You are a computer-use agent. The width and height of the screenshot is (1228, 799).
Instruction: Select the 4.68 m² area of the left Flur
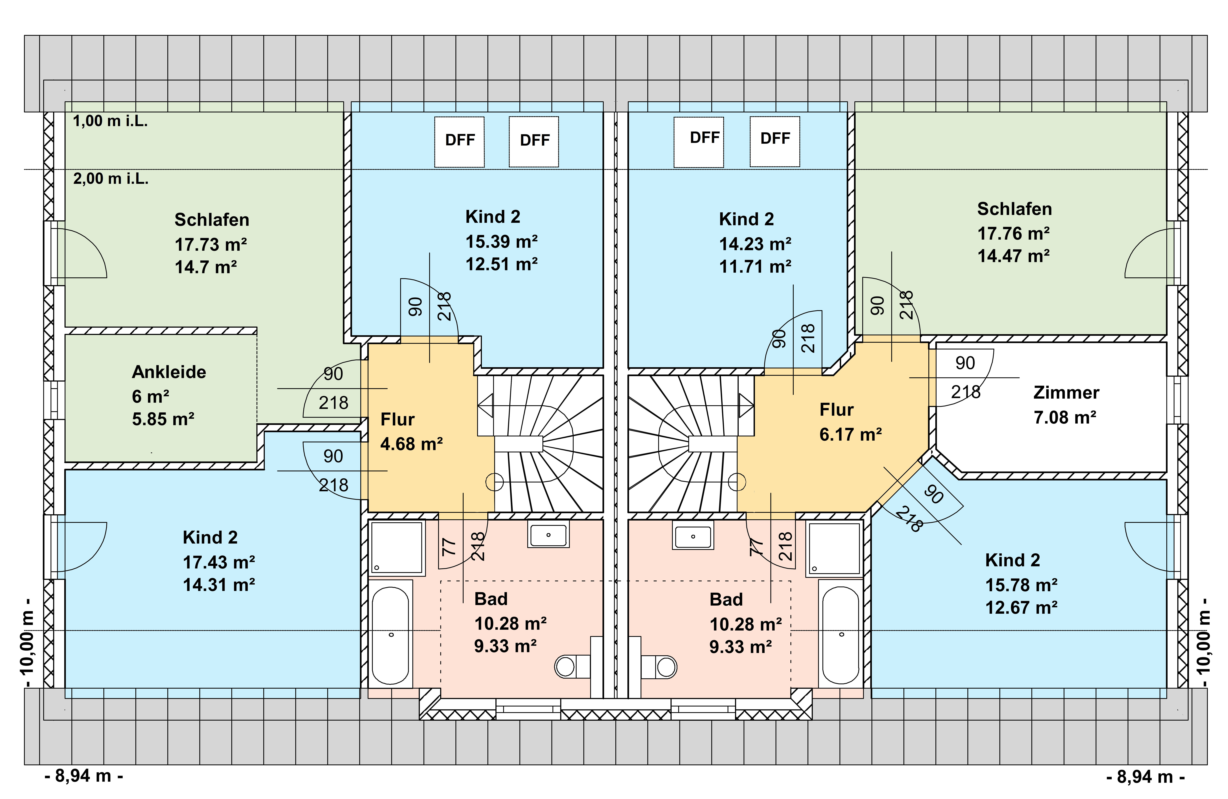(x=411, y=444)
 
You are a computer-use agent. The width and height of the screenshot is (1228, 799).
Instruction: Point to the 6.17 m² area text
(x=850, y=434)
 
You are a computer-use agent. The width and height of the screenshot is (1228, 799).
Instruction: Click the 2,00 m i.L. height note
(x=110, y=179)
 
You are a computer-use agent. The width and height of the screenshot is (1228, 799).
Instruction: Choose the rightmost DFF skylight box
(x=774, y=141)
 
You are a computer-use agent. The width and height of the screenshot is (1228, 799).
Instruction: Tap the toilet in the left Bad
(x=573, y=666)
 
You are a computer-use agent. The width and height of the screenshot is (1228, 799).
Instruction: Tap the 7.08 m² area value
(x=1064, y=417)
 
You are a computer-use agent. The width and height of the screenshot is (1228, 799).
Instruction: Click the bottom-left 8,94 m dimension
(x=84, y=776)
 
